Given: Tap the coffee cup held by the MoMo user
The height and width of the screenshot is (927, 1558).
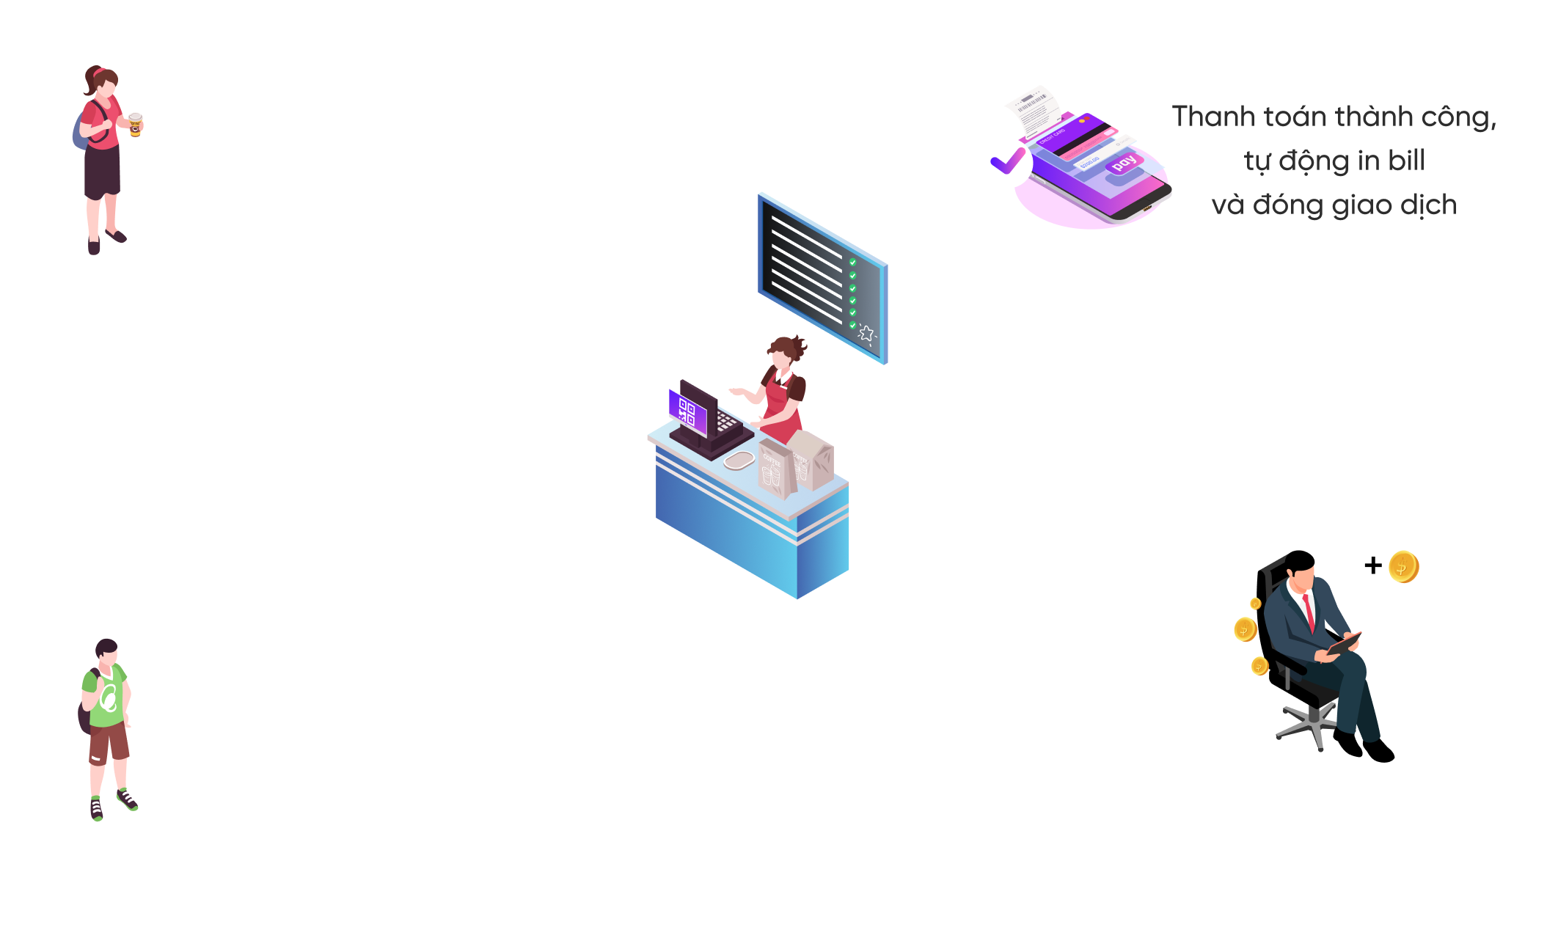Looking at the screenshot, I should [x=135, y=124].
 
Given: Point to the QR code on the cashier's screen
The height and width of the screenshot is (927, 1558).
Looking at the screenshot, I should [x=687, y=411].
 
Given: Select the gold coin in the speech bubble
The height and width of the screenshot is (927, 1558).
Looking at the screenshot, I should [x=1403, y=567].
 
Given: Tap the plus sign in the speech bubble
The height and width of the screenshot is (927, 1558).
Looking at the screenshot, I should [x=1373, y=565].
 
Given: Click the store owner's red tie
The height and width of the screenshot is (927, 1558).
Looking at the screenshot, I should [x=1309, y=612].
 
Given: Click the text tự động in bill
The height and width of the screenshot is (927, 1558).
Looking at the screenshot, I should [x=1334, y=161].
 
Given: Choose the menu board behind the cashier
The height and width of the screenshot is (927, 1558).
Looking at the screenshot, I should [x=822, y=277].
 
